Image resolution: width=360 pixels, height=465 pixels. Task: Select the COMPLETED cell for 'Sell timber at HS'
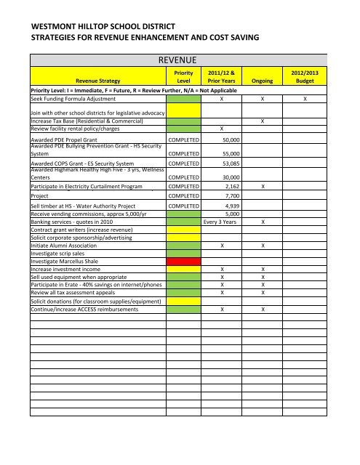pyautogui.click(x=183, y=206)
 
